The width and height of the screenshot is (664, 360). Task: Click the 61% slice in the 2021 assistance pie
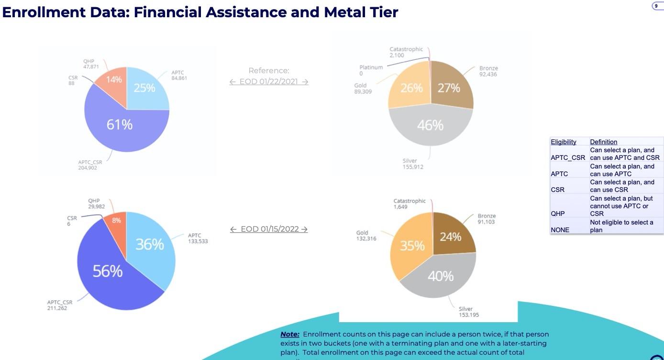coord(119,125)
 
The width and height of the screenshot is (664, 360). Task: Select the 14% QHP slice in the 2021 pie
coord(113,79)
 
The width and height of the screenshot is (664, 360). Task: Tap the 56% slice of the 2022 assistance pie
coord(108,271)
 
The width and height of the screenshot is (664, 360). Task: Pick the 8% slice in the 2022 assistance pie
coord(116,221)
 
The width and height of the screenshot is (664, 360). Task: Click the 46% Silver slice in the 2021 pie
coord(430,125)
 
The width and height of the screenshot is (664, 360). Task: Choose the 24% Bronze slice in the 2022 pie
coord(450,237)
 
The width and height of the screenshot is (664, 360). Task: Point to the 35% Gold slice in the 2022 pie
coord(412,246)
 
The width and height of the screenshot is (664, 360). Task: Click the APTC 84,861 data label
coord(179,75)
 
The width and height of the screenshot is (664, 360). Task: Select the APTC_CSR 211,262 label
coord(60,305)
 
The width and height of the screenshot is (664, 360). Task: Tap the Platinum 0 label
coord(371,70)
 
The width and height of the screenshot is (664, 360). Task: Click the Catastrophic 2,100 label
coord(406,52)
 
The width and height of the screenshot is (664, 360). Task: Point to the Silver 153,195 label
coord(468,312)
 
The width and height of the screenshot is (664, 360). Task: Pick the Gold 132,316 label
coord(366,236)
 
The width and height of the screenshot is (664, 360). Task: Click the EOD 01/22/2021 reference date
coord(268,81)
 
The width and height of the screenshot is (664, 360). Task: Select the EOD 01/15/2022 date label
coord(269,229)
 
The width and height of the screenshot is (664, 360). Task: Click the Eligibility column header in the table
coord(563,142)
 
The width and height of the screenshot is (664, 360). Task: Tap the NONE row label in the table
coord(560,230)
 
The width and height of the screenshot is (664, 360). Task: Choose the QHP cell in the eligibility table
coord(558,214)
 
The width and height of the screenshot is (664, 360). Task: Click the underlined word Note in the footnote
coord(289,334)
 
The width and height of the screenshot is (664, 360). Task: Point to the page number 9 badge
coord(656,6)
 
